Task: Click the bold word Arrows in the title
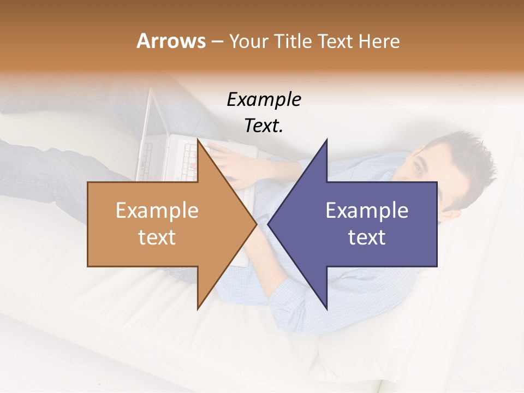pyautogui.click(x=171, y=41)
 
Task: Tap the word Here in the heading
pyautogui.click(x=379, y=41)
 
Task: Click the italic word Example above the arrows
pyautogui.click(x=264, y=99)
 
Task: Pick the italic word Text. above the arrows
pyautogui.click(x=264, y=126)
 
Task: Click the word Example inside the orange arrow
pyautogui.click(x=157, y=211)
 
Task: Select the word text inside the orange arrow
pyautogui.click(x=157, y=237)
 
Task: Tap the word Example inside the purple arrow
pyautogui.click(x=367, y=211)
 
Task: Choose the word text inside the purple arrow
pyautogui.click(x=367, y=237)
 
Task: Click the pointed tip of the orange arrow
pyautogui.click(x=256, y=224)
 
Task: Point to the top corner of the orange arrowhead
pyautogui.click(x=198, y=140)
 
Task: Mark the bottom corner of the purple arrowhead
pyautogui.click(x=327, y=308)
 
